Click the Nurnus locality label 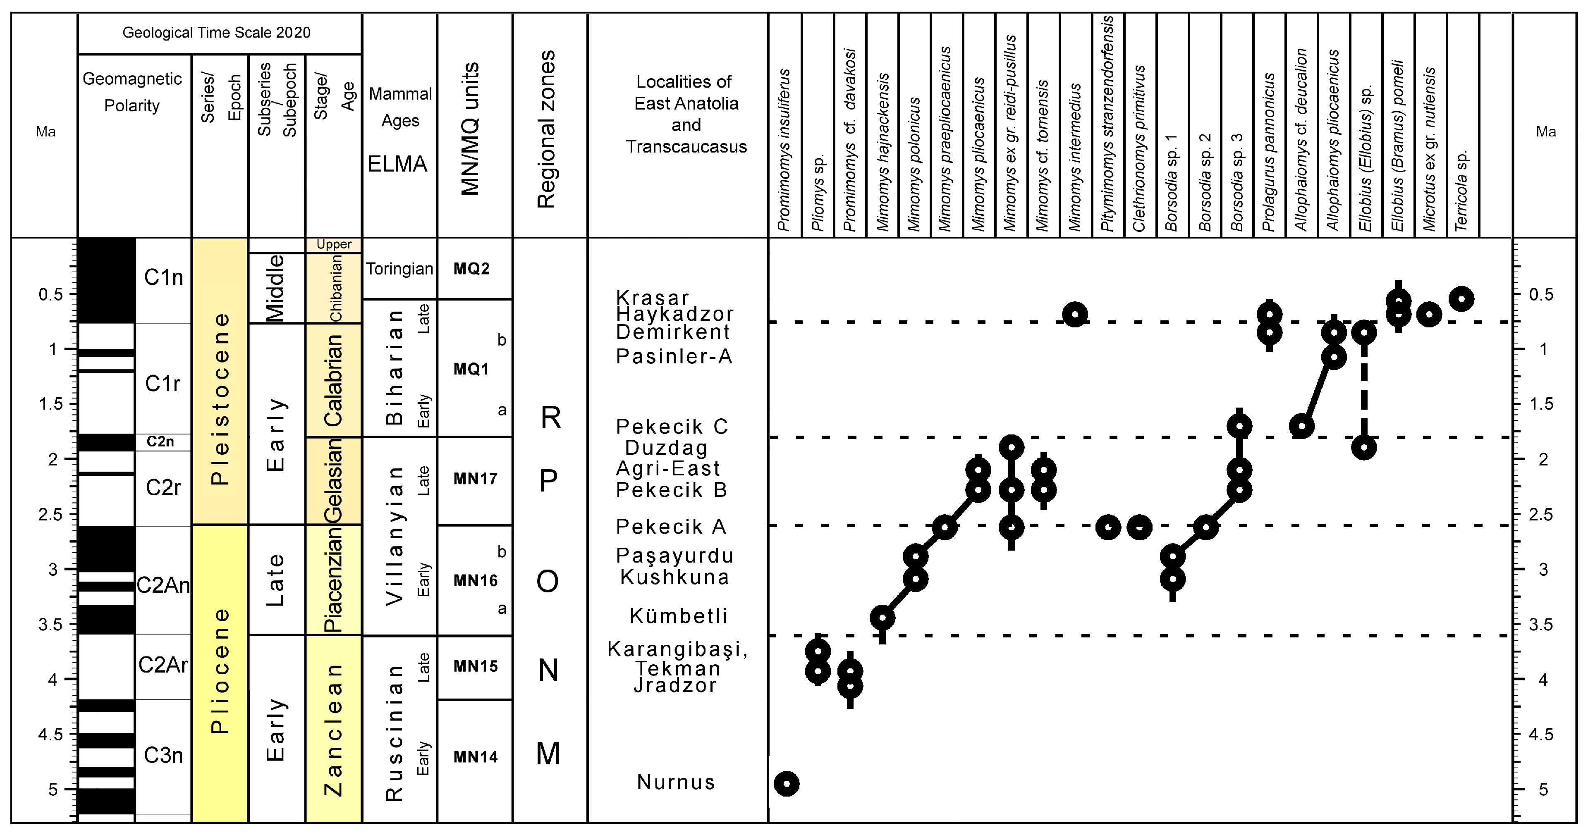(x=676, y=782)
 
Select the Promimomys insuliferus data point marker (x=787, y=784)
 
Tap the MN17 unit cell (x=475, y=479)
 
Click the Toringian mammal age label (x=399, y=269)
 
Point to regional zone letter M (x=548, y=754)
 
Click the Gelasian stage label (x=333, y=481)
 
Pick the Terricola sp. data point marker (x=1461, y=299)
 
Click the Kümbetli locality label (x=678, y=616)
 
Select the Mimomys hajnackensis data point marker (x=883, y=618)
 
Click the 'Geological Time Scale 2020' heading (x=216, y=33)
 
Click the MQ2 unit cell (x=471, y=269)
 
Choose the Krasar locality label (x=652, y=298)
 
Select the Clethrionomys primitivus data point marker (x=1140, y=527)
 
